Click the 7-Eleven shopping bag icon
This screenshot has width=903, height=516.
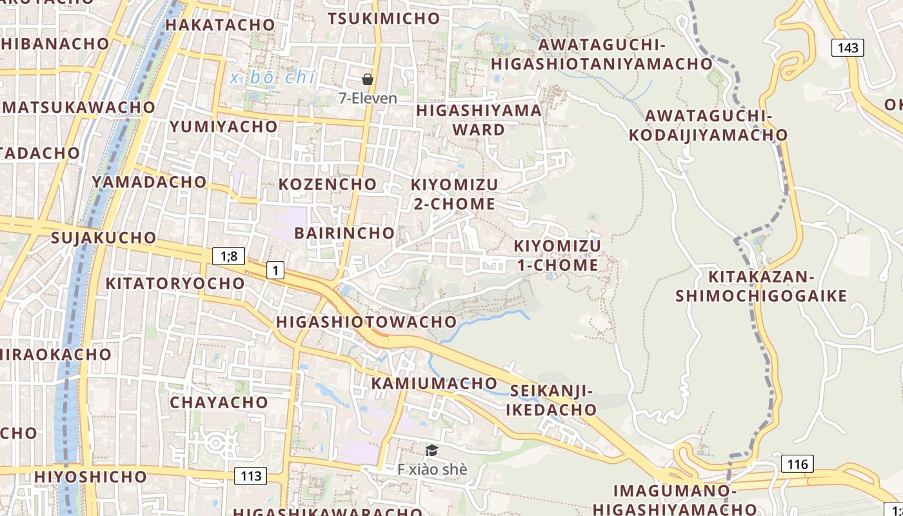[368, 79]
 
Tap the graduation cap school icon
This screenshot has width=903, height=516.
[432, 450]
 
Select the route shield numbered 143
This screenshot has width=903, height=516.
[847, 47]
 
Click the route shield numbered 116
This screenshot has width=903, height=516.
[797, 463]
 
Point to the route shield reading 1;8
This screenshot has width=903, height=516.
[229, 256]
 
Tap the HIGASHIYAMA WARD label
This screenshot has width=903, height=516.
[479, 120]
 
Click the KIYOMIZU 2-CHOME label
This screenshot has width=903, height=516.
[454, 194]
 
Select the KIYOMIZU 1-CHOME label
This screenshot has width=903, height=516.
[557, 255]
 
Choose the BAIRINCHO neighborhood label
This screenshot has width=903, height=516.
[344, 233]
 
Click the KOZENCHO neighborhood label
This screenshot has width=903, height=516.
[328, 184]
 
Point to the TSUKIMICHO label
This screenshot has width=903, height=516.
[384, 19]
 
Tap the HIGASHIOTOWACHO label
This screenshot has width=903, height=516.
[366, 321]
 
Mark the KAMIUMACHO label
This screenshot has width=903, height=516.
[434, 383]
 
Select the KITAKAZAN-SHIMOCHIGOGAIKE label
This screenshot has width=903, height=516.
[761, 286]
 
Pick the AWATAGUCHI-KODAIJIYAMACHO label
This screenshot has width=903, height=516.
[708, 125]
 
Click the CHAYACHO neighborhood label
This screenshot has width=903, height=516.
[219, 402]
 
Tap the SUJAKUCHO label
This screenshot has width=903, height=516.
[104, 237]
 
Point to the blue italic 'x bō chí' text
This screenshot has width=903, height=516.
[273, 77]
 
